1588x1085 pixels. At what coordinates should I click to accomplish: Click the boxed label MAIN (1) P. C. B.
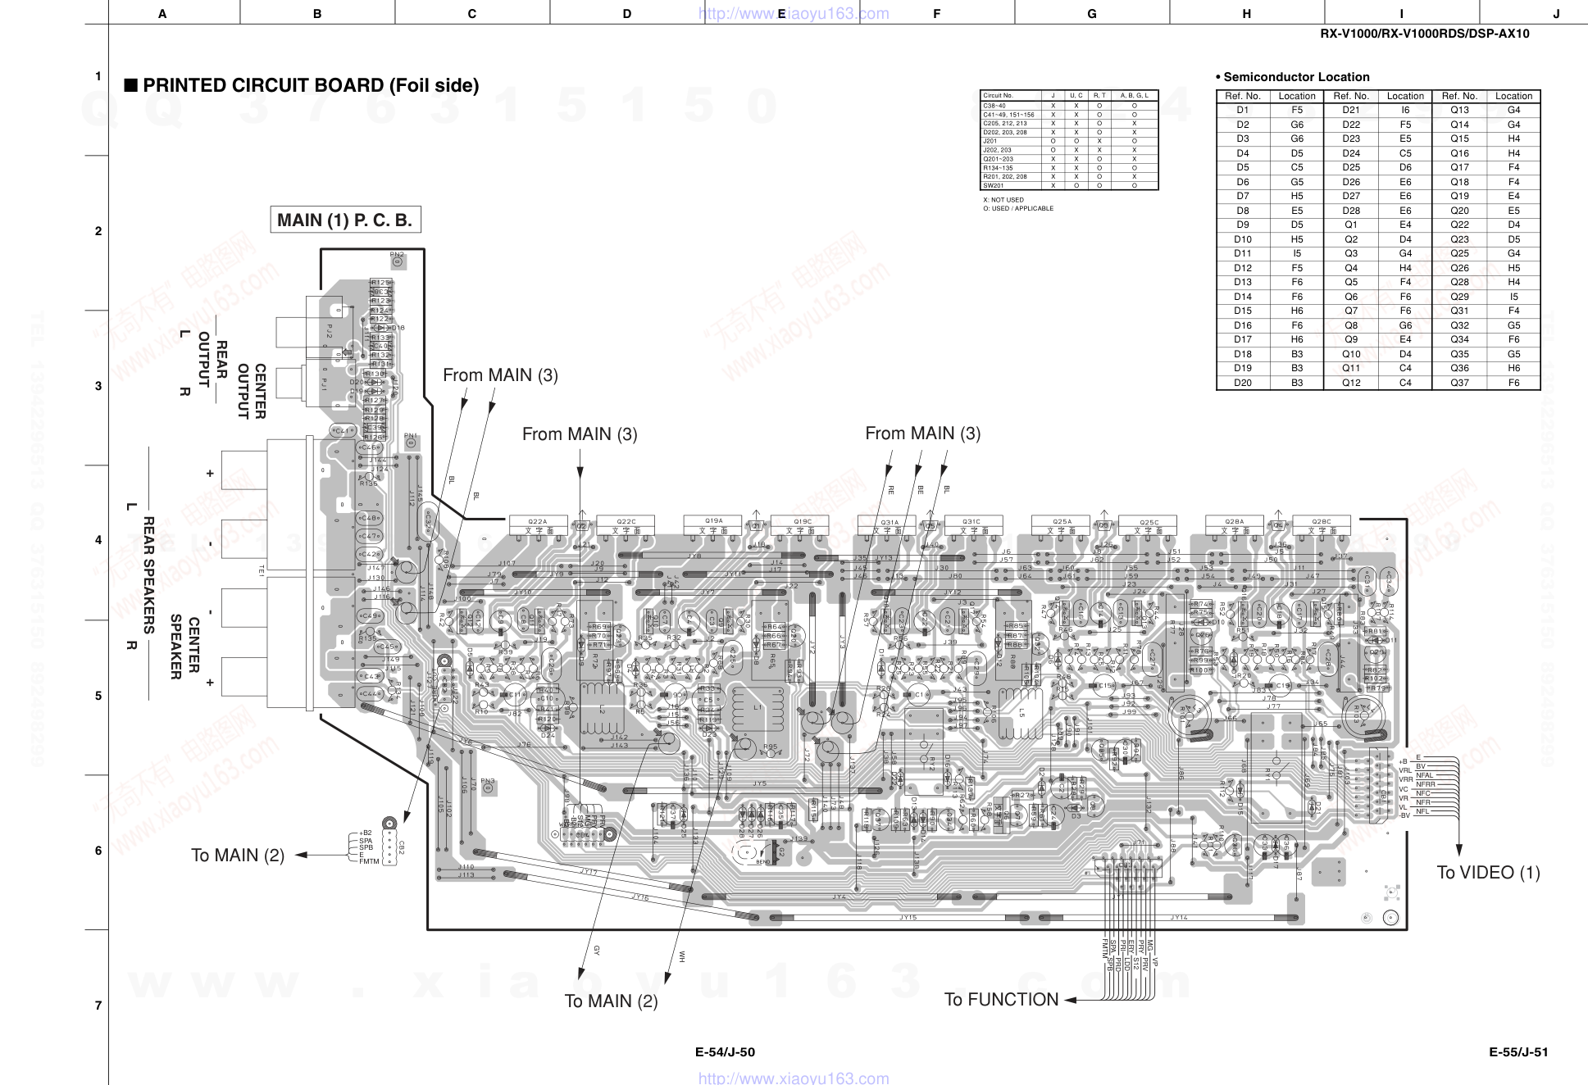(345, 220)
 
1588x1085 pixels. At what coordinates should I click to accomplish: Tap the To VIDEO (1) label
(1488, 872)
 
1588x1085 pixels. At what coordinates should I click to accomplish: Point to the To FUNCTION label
(1001, 1000)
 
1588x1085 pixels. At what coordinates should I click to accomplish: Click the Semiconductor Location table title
(1295, 77)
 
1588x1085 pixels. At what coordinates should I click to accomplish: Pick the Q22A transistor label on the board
(538, 521)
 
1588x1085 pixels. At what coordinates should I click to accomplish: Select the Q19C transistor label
(803, 521)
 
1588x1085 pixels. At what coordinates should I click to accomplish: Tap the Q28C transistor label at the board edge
(1322, 521)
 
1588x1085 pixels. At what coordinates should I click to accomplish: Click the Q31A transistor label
(890, 522)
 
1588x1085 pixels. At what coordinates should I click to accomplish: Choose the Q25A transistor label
(1062, 521)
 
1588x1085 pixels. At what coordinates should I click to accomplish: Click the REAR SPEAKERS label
(148, 574)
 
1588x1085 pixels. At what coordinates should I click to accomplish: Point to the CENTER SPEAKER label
(184, 647)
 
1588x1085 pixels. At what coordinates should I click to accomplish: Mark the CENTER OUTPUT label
(251, 391)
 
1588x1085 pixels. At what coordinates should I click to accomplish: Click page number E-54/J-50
(725, 1052)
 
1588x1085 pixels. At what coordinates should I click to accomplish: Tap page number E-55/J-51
(1518, 1052)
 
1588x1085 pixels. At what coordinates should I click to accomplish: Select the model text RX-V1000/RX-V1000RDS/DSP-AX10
(1424, 34)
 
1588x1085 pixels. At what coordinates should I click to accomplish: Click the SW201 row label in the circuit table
(994, 186)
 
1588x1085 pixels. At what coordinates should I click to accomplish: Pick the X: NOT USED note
(1003, 200)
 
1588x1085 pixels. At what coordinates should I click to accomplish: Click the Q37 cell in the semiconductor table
(1459, 383)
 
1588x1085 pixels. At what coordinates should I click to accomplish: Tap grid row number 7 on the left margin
(98, 1006)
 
